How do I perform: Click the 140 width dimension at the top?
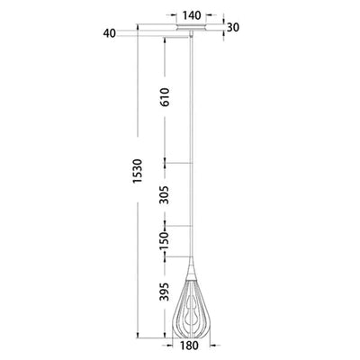pos(189,17)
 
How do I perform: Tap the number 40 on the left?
pos(110,33)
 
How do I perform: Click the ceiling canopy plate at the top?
pos(189,33)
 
